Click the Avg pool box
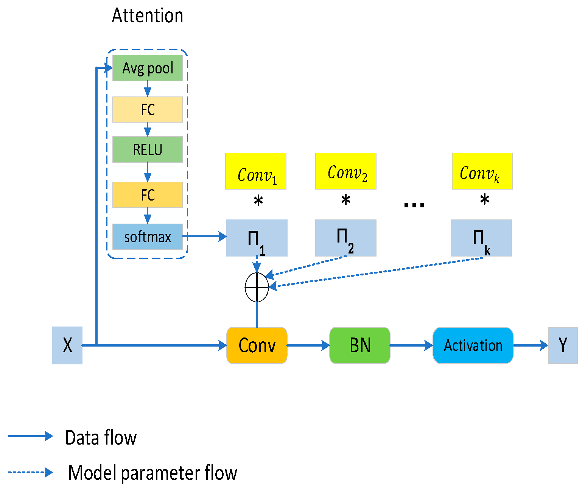[148, 68]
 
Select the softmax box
[148, 237]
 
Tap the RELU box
[148, 149]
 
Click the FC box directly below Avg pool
[148, 110]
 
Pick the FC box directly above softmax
[148, 195]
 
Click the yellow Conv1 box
[256, 171]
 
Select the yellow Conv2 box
[346, 171]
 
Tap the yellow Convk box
[482, 171]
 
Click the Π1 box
[257, 238]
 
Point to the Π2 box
[346, 238]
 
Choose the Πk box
[481, 238]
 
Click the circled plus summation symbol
[257, 287]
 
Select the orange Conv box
[257, 345]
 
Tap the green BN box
[360, 345]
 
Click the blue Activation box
[473, 345]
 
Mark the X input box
[67, 345]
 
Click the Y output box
[563, 345]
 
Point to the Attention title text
[148, 16]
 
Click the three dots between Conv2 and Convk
[414, 205]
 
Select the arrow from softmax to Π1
[204, 237]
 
